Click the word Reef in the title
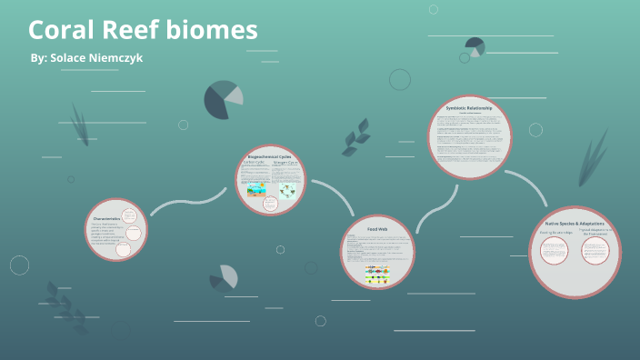coord(133,31)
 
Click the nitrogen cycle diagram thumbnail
coord(287,191)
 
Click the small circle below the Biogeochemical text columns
coord(269,204)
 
